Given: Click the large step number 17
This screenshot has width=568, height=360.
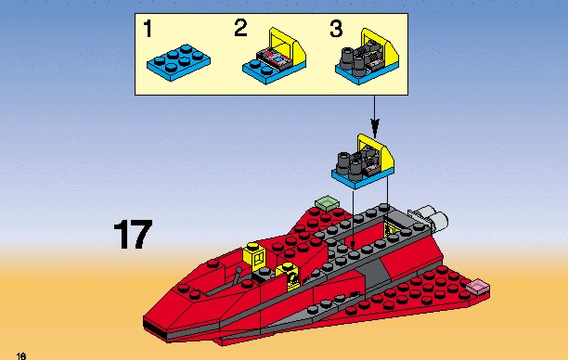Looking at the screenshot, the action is click(x=133, y=235).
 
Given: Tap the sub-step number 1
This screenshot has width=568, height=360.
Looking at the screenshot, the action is click(x=148, y=29).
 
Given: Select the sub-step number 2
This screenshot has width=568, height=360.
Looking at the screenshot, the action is click(x=241, y=28).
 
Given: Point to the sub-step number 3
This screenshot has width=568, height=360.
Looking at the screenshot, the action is click(x=336, y=29).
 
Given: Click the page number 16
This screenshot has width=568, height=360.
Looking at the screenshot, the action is click(x=21, y=355).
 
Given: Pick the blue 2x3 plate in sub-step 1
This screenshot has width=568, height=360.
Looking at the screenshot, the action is click(x=178, y=62).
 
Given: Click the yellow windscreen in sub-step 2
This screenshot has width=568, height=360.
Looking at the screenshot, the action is click(x=288, y=47).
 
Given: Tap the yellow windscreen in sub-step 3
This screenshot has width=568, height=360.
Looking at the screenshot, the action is click(x=381, y=47).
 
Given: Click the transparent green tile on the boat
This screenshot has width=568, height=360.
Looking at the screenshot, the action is click(x=327, y=203).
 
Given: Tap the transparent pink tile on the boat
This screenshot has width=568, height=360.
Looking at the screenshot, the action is click(x=478, y=287).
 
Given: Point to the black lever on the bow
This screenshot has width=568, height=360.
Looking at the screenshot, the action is click(x=238, y=276).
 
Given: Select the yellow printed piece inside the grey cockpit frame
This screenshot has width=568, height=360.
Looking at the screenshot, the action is click(x=392, y=228).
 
